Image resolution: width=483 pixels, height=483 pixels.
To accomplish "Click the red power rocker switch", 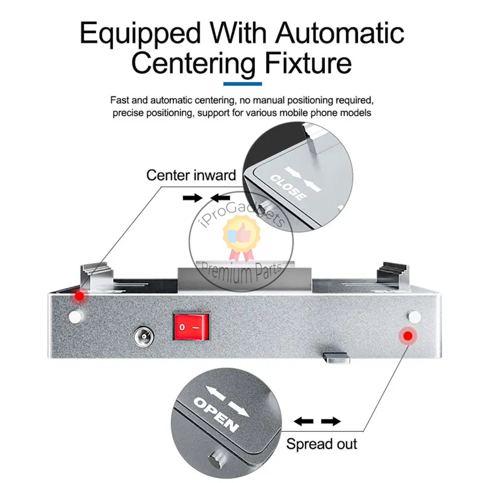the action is (x=191, y=326).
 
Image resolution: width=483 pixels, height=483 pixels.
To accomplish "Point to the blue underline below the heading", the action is (x=242, y=84).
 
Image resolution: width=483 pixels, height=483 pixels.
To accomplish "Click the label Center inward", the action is (x=191, y=175).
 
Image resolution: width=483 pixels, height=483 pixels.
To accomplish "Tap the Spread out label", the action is (x=321, y=444).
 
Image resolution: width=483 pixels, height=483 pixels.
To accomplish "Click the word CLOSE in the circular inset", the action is (x=287, y=187).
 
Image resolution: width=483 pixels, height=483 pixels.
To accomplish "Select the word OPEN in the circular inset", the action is (x=216, y=414).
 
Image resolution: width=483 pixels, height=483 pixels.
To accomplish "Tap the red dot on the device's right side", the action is (x=408, y=336).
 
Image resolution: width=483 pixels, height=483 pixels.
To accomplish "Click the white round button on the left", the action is (x=75, y=316).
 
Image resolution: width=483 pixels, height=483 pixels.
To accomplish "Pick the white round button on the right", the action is (x=414, y=317).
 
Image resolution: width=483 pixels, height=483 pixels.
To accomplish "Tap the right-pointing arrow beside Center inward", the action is (x=192, y=198).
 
